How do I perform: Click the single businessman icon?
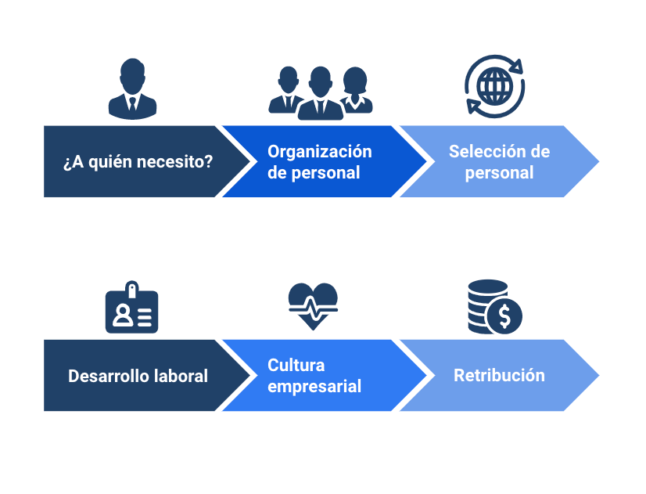pos(132,88)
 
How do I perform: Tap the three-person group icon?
pos(321,93)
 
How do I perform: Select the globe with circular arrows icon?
pos(494,86)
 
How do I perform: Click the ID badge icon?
pos(132,307)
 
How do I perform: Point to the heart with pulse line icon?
pos(313,306)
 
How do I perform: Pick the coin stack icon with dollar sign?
pos(495,307)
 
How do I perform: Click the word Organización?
pos(320,152)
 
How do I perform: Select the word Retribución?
pos(499,375)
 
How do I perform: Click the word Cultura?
pos(296,365)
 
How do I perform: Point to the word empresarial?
pos(314,387)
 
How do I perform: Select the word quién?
pos(110,161)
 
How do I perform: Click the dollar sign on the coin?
pos(504,317)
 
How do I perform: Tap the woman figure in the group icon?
pos(356,90)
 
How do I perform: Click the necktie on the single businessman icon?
pos(132,104)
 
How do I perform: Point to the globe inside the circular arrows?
pos(495,86)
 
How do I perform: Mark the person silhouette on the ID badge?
pos(122,316)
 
